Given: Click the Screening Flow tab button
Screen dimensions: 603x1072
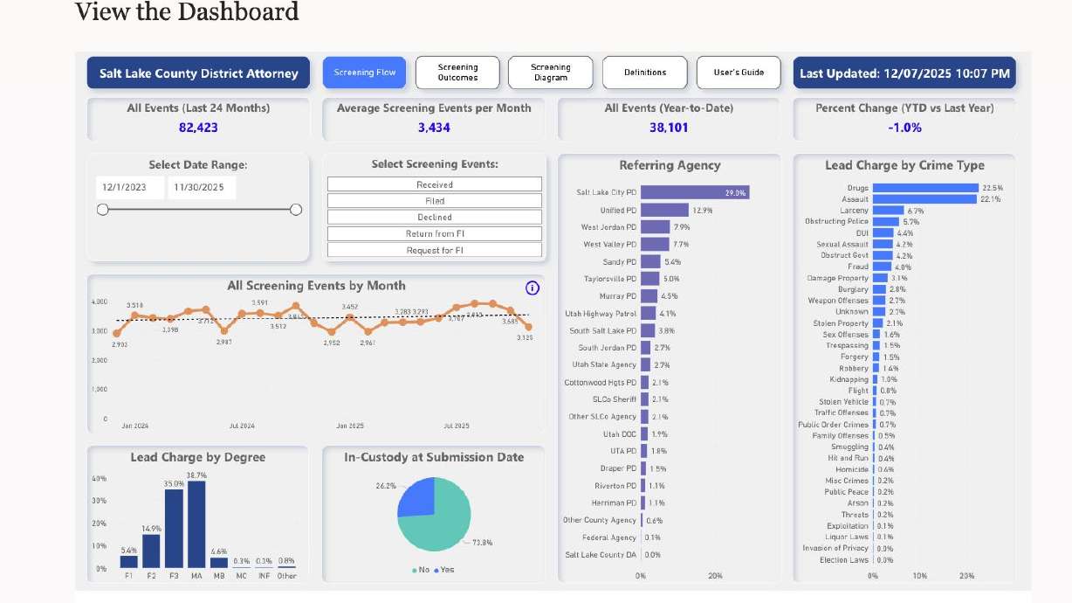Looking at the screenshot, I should pos(364,73).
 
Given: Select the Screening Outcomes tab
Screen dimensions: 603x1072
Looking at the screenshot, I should pos(457,73).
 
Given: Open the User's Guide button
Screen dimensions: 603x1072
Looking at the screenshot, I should pos(739,73).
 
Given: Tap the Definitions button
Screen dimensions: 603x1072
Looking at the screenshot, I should pos(645,73).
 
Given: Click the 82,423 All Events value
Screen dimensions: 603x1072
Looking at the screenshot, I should pos(197,128).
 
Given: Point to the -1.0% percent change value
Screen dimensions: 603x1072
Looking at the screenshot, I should pos(904,128).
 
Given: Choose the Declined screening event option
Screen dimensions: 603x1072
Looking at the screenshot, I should pos(434,218).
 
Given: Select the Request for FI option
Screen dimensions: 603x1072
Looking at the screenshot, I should pos(434,251).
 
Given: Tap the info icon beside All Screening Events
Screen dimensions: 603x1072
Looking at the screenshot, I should pos(533,288).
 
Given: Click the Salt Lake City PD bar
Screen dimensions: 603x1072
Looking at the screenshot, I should pos(695,192).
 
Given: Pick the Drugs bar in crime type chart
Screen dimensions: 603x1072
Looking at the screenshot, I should pos(925,188).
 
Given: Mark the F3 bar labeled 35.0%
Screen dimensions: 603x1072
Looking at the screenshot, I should pos(174,529).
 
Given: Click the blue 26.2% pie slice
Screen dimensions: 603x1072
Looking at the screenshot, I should pos(416,497).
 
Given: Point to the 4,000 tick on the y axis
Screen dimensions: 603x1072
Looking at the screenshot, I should pos(100,301).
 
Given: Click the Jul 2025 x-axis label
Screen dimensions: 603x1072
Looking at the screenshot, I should pos(457,426).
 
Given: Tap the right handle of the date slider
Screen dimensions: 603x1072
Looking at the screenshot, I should pos(296,210).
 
